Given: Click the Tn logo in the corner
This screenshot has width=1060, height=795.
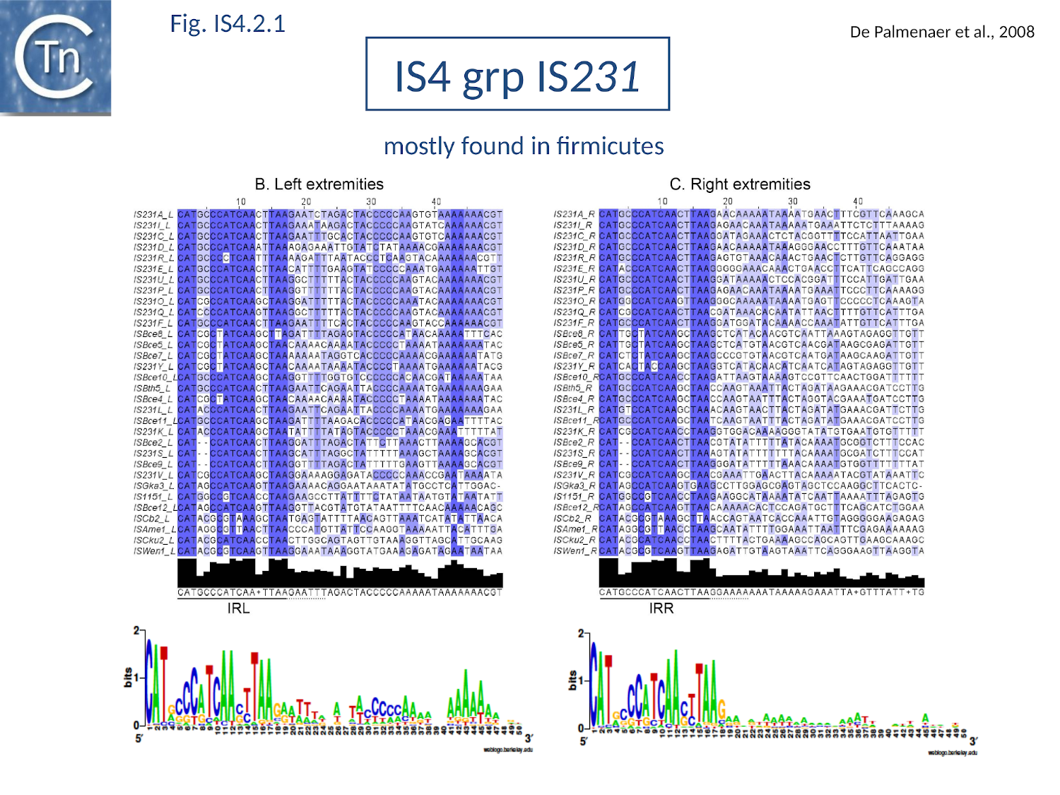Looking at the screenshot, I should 55,57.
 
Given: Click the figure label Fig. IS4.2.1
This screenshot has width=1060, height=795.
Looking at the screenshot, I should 228,24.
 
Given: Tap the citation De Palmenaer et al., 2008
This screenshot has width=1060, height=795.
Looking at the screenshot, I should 941,32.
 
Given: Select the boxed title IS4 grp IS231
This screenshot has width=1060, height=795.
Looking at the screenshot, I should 517,75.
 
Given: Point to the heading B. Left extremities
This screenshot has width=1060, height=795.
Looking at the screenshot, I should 319,184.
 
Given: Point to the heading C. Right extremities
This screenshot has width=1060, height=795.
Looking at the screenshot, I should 740,184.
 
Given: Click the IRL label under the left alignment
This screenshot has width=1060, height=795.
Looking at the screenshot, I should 238,608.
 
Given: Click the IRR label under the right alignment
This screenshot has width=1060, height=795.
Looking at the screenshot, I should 661,608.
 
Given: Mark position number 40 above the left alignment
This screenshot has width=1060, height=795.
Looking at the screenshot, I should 436,202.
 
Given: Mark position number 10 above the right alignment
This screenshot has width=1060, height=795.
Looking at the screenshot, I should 661,202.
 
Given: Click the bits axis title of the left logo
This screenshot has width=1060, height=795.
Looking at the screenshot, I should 128,677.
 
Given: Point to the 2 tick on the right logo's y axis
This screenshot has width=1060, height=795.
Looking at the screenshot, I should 581,633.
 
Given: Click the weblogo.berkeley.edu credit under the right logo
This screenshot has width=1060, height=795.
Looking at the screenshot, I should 952,753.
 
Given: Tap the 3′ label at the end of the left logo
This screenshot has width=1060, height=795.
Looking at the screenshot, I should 528,738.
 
